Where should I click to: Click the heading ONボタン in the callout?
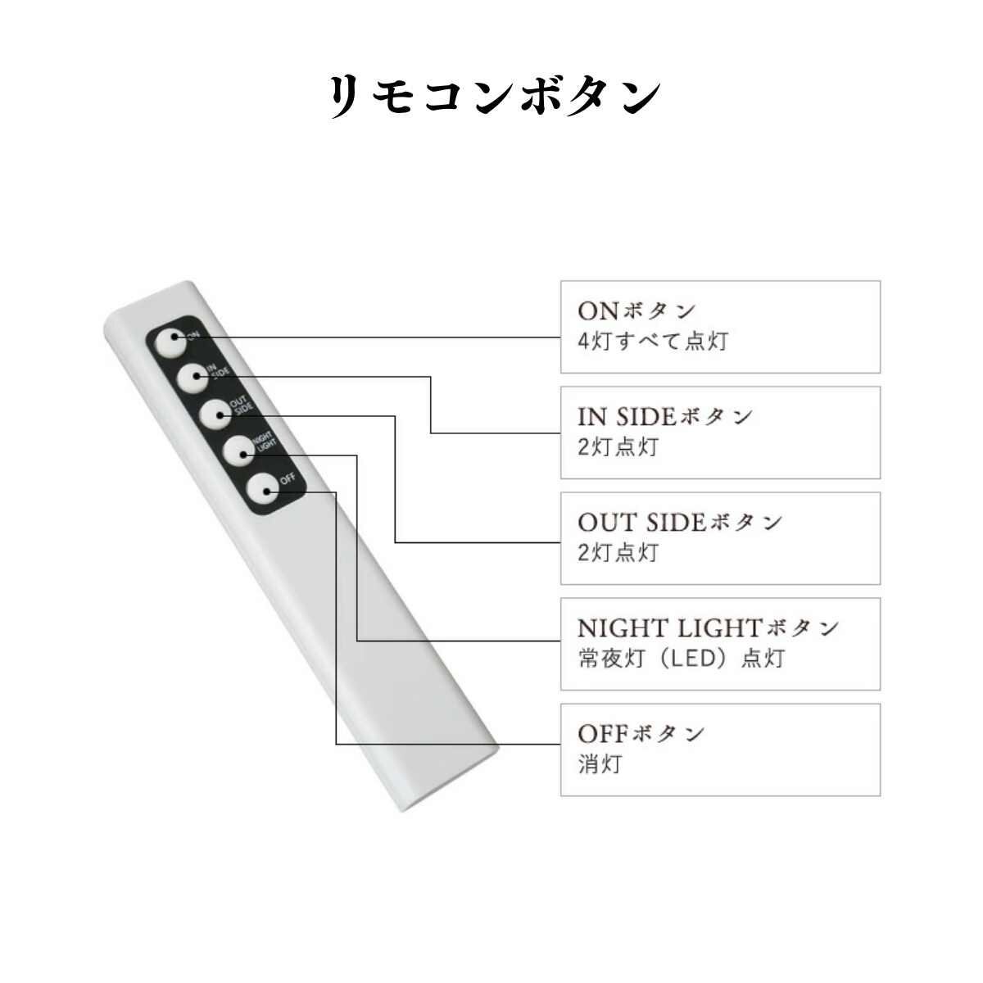(x=636, y=310)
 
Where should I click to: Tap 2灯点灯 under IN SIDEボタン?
(x=618, y=447)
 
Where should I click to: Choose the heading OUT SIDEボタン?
(x=680, y=522)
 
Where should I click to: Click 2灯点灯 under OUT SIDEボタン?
(x=618, y=553)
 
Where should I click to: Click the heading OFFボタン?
(x=641, y=733)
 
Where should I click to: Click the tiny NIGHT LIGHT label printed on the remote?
(x=268, y=442)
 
